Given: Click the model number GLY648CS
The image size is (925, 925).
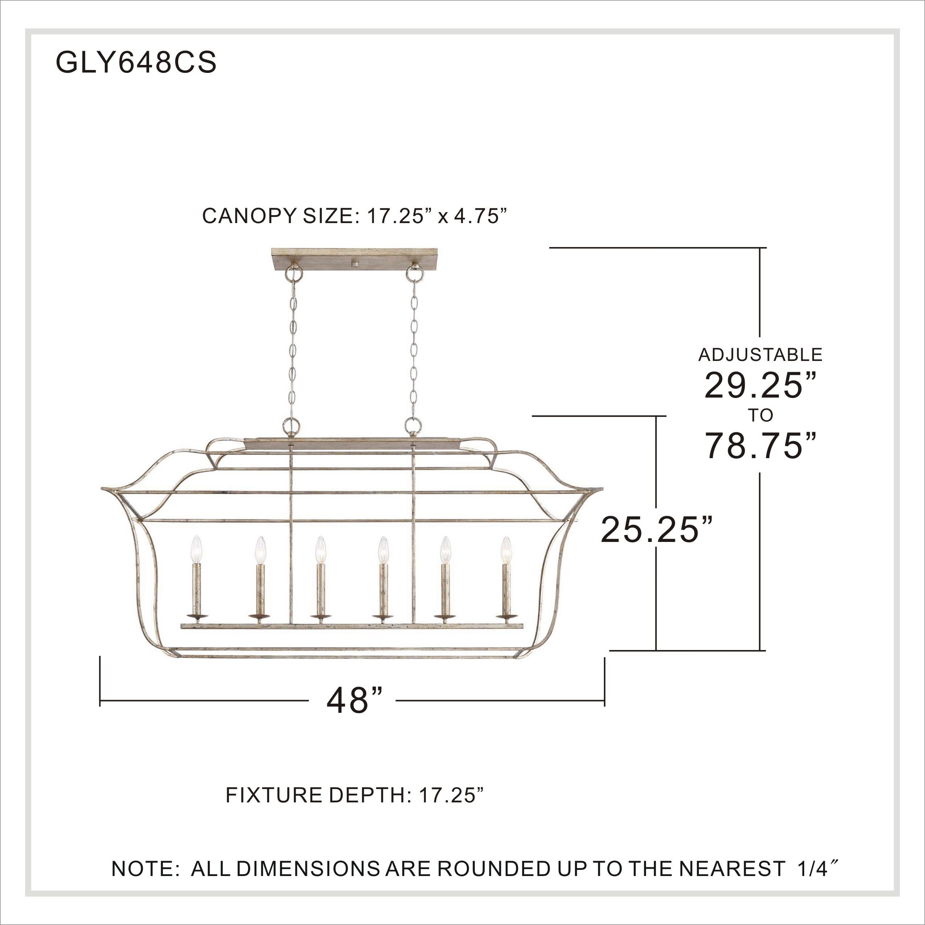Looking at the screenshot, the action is pos(136,63).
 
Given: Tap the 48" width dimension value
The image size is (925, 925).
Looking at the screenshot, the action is pos(355,700).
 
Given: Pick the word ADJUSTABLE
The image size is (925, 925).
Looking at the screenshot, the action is pos(760,355).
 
